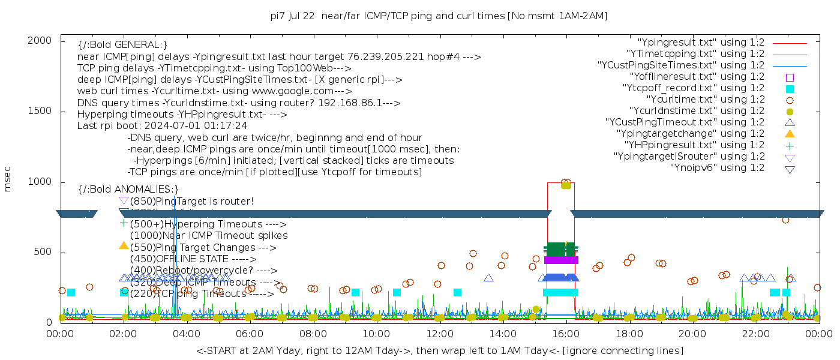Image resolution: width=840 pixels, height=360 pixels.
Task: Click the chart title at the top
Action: point(439,16)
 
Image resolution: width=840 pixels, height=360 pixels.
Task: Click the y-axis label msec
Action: point(8,178)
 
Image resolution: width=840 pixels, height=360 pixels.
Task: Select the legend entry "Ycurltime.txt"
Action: point(705,100)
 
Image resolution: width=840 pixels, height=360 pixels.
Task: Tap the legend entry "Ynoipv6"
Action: point(717,168)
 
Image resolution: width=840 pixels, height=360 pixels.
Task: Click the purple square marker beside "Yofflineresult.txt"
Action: point(790,77)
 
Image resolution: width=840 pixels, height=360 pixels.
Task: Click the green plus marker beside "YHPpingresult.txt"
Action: point(790,145)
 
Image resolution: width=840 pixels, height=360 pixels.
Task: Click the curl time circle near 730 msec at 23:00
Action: point(785,220)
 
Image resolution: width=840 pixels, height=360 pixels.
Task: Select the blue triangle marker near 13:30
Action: point(488,278)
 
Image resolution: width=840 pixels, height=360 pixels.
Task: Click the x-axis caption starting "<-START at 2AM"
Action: point(439,350)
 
